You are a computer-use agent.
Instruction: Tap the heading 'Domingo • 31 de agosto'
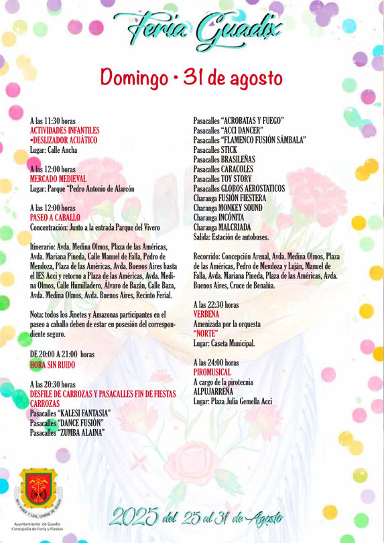[x=192, y=78]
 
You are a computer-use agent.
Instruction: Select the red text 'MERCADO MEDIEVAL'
[x=58, y=179]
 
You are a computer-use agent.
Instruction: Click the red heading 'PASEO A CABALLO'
[x=55, y=218]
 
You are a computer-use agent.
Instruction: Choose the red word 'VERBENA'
[x=206, y=314]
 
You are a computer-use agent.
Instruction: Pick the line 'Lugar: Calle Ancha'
[x=54, y=150]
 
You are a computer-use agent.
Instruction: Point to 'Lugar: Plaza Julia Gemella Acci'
[x=233, y=402]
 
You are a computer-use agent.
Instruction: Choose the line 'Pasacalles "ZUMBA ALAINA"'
[x=67, y=432]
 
